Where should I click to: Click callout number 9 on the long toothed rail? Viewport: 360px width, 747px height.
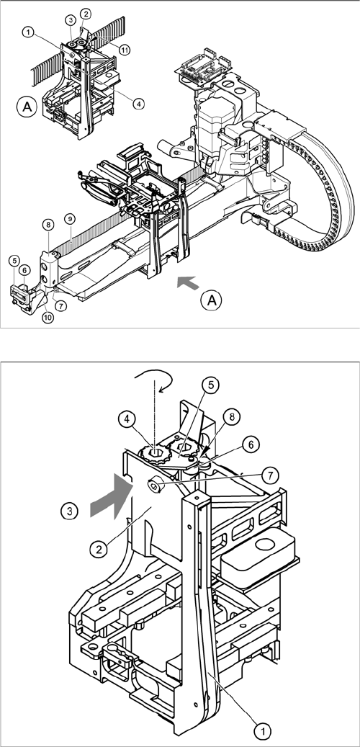click(70, 219)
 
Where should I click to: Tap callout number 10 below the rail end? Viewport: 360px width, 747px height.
click(48, 317)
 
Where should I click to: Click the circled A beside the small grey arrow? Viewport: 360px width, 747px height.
click(212, 300)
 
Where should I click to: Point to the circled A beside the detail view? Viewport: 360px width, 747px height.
click(27, 107)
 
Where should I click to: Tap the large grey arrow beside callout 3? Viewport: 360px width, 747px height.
click(110, 495)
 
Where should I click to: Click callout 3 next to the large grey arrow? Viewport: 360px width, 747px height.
click(70, 511)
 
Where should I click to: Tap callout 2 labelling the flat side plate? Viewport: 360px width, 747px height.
click(99, 550)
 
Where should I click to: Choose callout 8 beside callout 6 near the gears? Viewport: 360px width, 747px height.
click(231, 417)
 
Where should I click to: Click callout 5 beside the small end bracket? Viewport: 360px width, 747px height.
click(15, 261)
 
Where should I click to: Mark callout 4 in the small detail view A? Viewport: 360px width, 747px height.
click(138, 102)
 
